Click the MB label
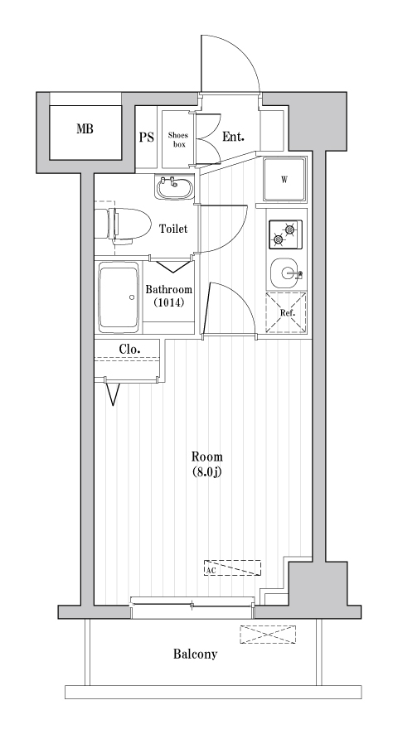click(85, 128)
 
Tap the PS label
click(146, 138)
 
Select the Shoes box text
click(178, 138)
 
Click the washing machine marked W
click(284, 179)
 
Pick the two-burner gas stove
click(286, 234)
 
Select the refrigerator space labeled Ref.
click(286, 313)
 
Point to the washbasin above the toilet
click(173, 187)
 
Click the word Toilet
click(173, 229)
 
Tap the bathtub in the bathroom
click(119, 296)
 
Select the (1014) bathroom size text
click(168, 303)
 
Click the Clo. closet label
click(129, 349)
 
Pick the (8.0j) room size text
click(206, 472)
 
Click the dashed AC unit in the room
click(232, 568)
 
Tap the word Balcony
click(195, 654)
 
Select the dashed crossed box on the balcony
click(268, 635)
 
